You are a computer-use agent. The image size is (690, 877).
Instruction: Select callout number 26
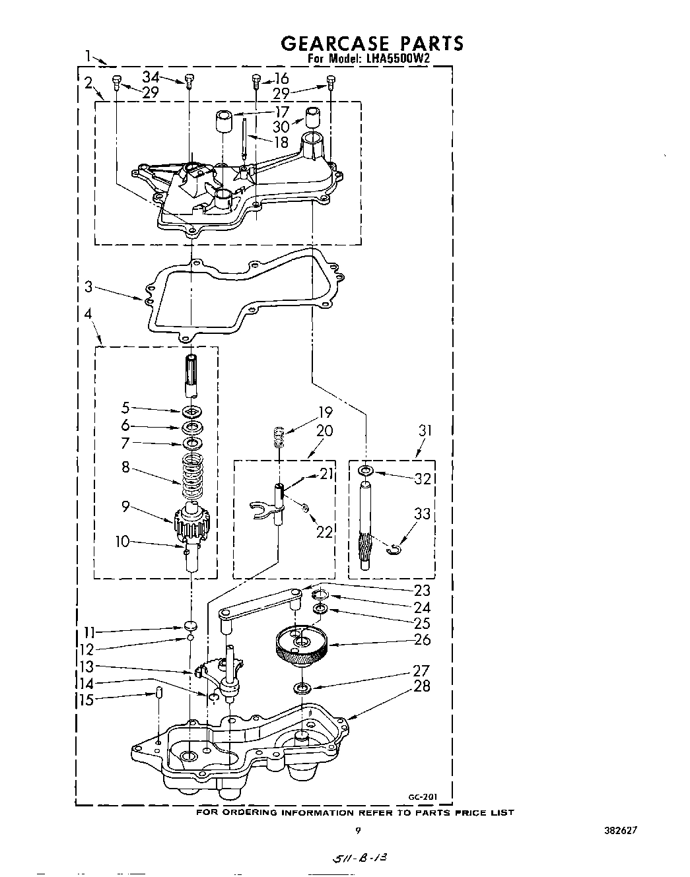point(422,639)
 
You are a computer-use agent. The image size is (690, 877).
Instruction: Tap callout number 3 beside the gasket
point(88,287)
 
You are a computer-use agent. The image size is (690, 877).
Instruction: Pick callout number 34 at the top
point(152,77)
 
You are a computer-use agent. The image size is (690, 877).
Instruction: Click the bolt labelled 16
point(256,82)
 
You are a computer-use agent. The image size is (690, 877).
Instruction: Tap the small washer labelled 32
point(365,471)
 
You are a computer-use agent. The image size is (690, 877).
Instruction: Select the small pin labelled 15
point(159,692)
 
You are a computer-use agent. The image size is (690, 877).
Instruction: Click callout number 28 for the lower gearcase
point(422,686)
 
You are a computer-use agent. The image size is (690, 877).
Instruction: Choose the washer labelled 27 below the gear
point(302,689)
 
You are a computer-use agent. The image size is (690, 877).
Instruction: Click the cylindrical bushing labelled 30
point(312,116)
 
